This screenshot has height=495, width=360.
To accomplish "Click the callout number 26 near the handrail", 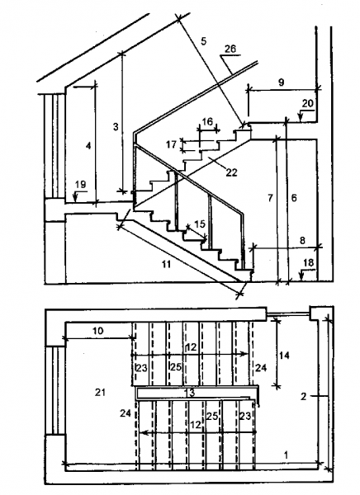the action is tap(230, 49).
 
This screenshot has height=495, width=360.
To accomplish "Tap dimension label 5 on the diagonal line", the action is tap(204, 40).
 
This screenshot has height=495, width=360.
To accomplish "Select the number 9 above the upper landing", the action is tap(281, 82).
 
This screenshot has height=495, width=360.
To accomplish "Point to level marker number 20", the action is tap(307, 103).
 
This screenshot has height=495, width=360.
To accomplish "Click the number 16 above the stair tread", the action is tap(207, 121).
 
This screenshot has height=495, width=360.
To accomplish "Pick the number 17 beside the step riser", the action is tap(171, 144).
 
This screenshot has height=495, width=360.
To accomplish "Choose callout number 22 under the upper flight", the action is tap(231, 172).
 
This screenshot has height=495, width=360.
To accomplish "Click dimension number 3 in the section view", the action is tap(116, 126).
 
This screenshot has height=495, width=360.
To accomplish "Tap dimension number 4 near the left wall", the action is tap(88, 146).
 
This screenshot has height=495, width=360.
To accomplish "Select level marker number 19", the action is tap(81, 184).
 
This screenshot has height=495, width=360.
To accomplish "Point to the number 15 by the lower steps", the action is tap(200, 224).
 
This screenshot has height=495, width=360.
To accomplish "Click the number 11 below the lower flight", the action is tap(166, 264).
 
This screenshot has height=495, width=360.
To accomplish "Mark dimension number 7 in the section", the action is tap(270, 198).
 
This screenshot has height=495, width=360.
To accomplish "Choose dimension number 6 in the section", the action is tap(294, 198).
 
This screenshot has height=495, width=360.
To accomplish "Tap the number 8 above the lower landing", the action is tap(302, 240).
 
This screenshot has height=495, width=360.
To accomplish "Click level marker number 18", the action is tap(308, 262).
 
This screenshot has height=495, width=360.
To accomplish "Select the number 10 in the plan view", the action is tap(97, 331).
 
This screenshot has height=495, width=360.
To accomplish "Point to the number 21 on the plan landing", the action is tap(100, 393).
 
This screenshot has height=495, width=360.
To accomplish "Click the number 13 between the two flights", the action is tap(189, 393).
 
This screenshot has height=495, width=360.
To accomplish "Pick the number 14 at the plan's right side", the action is tap(284, 355).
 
